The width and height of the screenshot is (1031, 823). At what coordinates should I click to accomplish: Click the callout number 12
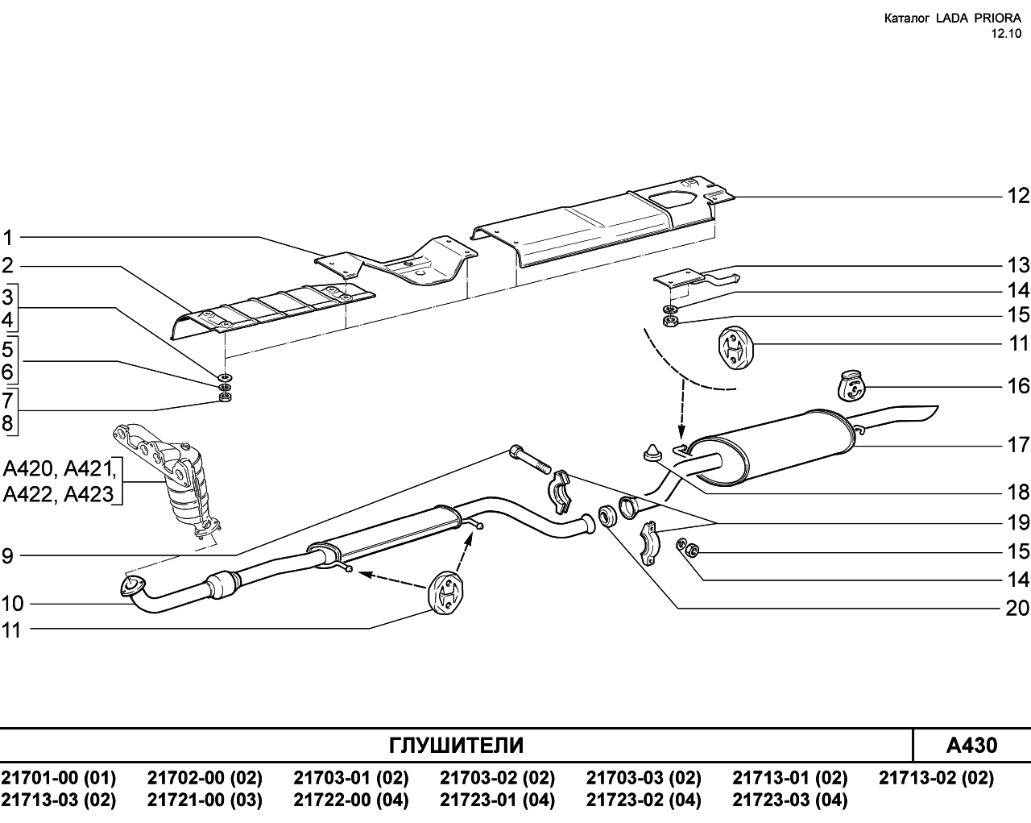coord(1018,196)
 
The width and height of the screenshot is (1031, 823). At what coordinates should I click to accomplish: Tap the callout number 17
coord(1018,445)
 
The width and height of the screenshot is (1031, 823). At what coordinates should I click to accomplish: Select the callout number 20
coord(1017,608)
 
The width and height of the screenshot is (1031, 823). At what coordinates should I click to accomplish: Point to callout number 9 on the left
coord(8,556)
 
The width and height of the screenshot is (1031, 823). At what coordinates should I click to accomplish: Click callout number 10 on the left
coord(12,604)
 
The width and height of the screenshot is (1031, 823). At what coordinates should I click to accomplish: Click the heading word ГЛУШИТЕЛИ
coord(456,746)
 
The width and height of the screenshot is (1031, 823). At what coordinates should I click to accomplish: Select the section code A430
coord(971,746)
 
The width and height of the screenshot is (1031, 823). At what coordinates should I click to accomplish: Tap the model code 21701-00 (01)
coord(59,778)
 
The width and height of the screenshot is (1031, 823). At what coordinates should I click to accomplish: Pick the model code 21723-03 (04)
coord(790,800)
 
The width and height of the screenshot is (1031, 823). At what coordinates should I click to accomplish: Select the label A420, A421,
coord(60,468)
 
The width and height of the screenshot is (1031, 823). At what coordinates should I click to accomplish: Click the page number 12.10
coord(1005,34)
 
